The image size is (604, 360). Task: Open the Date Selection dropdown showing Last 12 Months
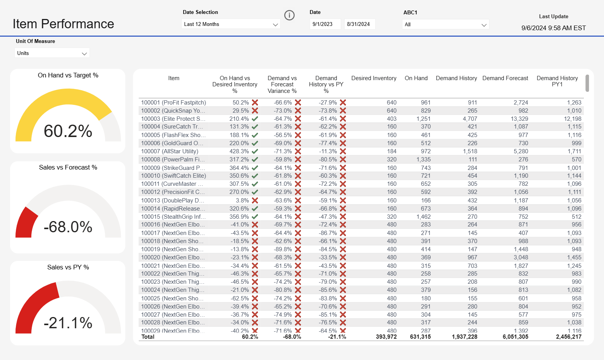tap(231, 24)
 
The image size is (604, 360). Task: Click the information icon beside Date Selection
tap(289, 15)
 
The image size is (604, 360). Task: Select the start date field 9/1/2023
tap(325, 24)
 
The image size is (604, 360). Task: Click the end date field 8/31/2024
tap(359, 24)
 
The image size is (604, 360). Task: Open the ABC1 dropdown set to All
tap(445, 24)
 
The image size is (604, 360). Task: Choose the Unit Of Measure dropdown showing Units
tap(52, 53)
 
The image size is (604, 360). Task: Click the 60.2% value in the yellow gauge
tap(68, 131)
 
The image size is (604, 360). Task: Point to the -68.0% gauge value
tap(68, 227)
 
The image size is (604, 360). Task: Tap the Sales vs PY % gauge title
tap(68, 267)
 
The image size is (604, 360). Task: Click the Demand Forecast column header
tap(505, 78)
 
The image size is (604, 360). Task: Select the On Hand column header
tap(416, 78)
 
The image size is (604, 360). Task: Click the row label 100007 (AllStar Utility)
tap(170, 151)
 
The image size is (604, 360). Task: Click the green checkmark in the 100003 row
tap(255, 119)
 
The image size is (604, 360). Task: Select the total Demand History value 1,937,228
tap(464, 337)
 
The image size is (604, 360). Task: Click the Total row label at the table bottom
tap(148, 337)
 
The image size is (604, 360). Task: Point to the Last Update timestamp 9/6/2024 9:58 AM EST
tap(553, 28)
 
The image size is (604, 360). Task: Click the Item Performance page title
tap(63, 24)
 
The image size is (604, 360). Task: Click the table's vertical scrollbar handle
tap(587, 83)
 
